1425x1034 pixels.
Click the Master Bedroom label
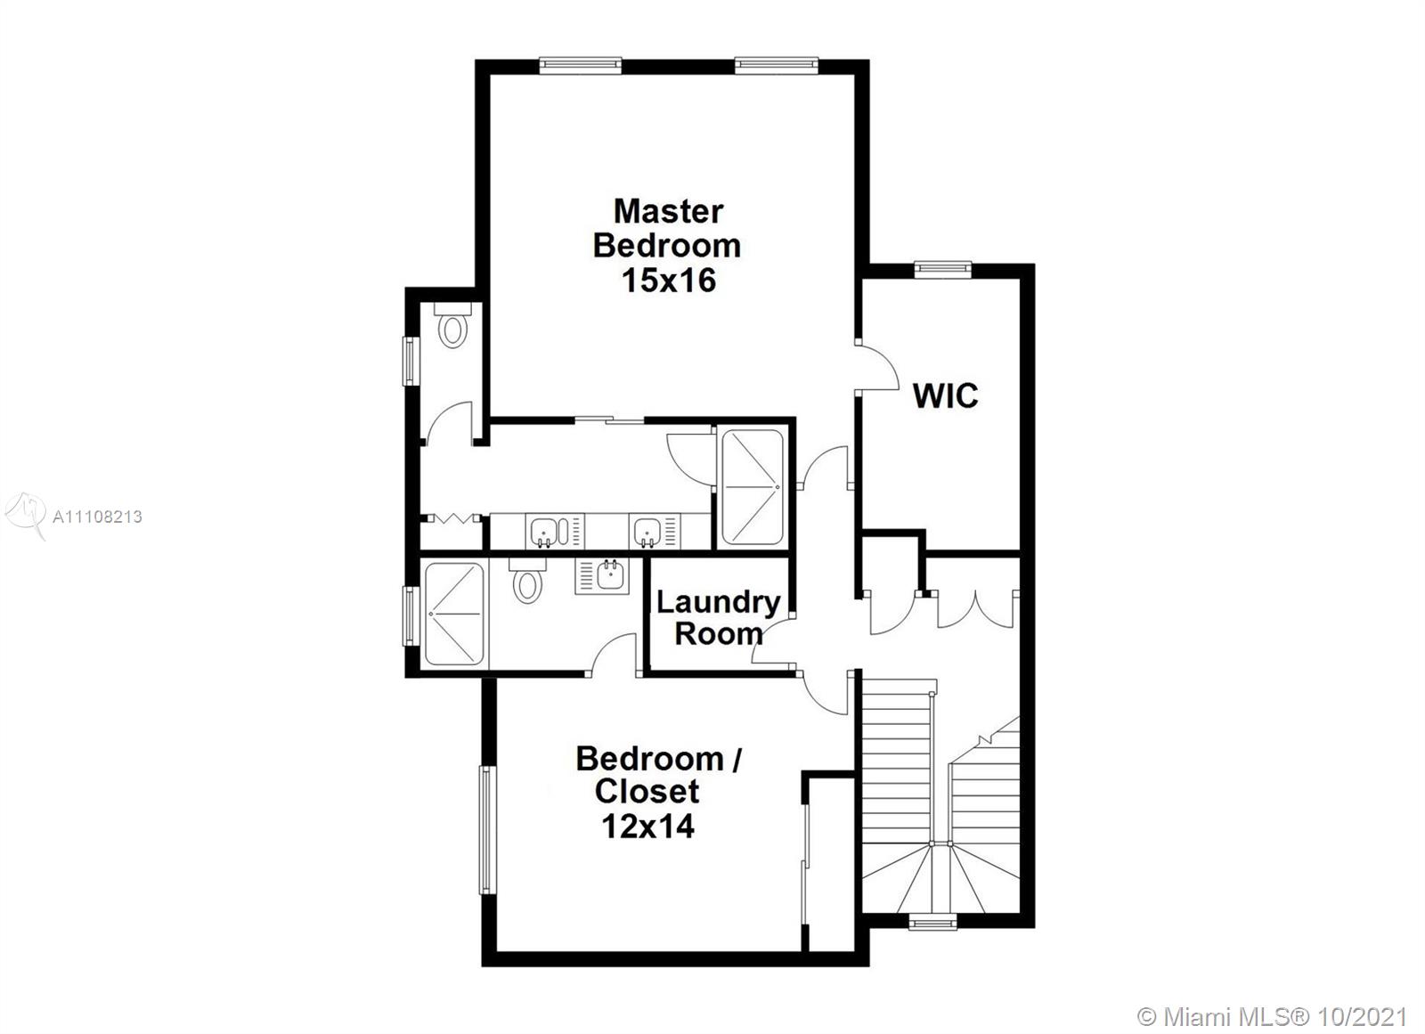point(667,228)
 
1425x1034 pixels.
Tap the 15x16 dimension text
point(669,280)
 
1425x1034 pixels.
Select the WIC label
point(945,395)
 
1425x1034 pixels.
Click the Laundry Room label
point(718,618)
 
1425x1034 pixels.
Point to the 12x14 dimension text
point(647,826)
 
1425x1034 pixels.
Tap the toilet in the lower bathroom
point(527,581)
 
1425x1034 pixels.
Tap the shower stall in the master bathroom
point(753,487)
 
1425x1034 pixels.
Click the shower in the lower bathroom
point(454,614)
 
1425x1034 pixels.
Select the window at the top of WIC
point(943,269)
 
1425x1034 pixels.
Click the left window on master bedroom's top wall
point(580,65)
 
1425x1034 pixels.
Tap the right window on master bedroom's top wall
point(776,65)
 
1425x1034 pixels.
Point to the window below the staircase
point(932,922)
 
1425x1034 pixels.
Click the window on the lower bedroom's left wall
point(486,830)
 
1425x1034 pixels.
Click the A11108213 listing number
point(97,517)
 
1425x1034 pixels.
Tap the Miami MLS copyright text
point(1271,1017)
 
